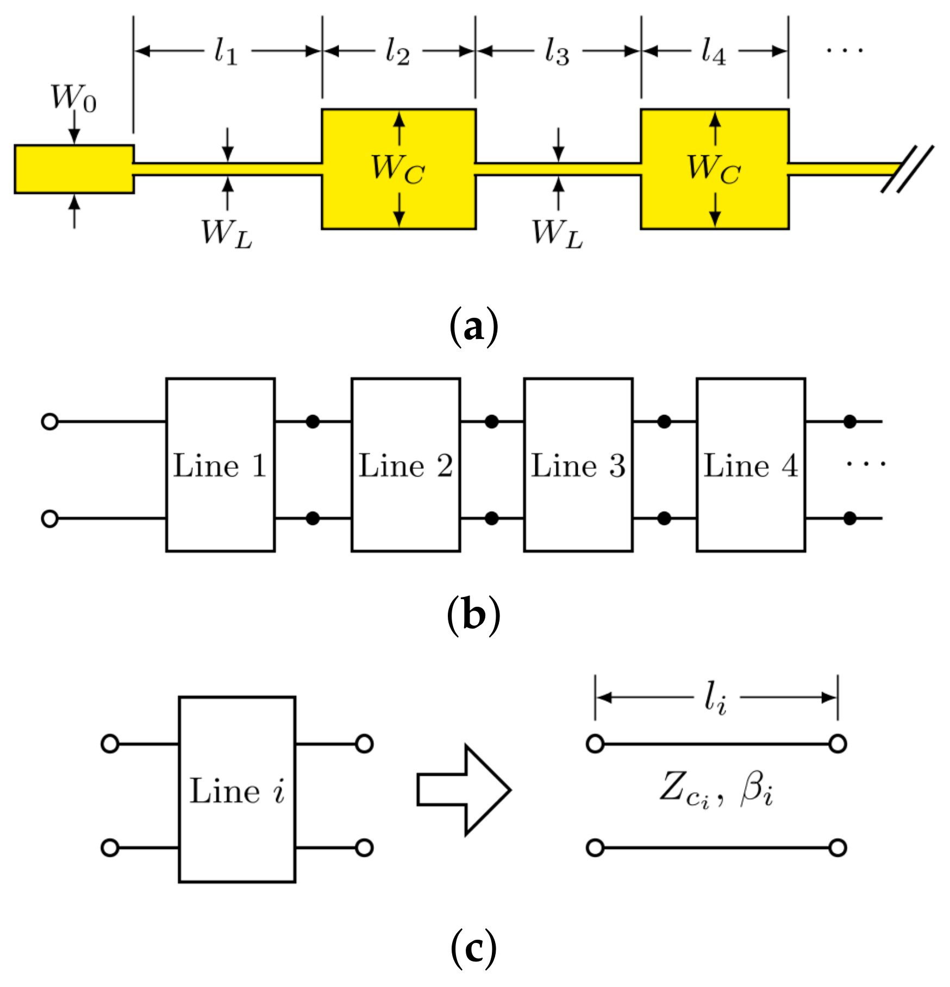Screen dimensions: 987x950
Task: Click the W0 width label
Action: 73,99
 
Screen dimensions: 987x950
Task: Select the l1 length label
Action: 226,53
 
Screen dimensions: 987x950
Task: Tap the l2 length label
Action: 397,53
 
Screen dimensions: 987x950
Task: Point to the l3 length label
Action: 557,53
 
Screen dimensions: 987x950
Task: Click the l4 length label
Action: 713,53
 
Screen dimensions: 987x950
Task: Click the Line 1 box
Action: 220,465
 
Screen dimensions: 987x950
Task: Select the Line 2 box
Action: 405,465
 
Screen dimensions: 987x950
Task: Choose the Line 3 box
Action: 578,465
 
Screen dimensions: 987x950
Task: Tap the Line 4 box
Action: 751,465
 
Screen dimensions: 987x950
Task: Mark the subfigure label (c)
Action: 473,948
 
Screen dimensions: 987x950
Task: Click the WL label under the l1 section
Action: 227,234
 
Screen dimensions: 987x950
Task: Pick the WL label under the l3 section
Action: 557,234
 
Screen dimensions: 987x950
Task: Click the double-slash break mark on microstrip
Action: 907,169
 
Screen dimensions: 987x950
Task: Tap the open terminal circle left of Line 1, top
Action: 49,422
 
